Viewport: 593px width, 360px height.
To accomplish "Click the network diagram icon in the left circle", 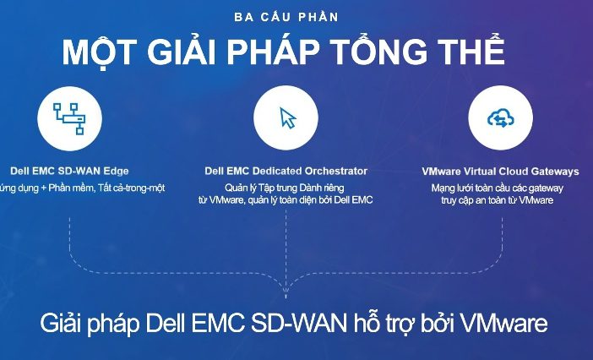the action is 69,118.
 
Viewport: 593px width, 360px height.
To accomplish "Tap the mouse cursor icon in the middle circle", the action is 288,118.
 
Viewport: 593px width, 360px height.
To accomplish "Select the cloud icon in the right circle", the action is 501,119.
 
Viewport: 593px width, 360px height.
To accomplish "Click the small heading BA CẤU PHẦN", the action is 286,17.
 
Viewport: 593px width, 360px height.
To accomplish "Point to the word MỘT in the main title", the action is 99,51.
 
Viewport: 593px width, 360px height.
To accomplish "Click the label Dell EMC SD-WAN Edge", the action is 69,171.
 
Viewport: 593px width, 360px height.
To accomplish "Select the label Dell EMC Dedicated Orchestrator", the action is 286,171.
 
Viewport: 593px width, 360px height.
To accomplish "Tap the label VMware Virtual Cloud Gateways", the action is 500,172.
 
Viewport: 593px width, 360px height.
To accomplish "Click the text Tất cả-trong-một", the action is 131,188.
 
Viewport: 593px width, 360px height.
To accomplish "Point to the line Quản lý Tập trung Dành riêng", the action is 285,188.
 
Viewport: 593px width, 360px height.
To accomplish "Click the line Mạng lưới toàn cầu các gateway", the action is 498,188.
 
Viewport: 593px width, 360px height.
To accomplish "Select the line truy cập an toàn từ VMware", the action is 498,200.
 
